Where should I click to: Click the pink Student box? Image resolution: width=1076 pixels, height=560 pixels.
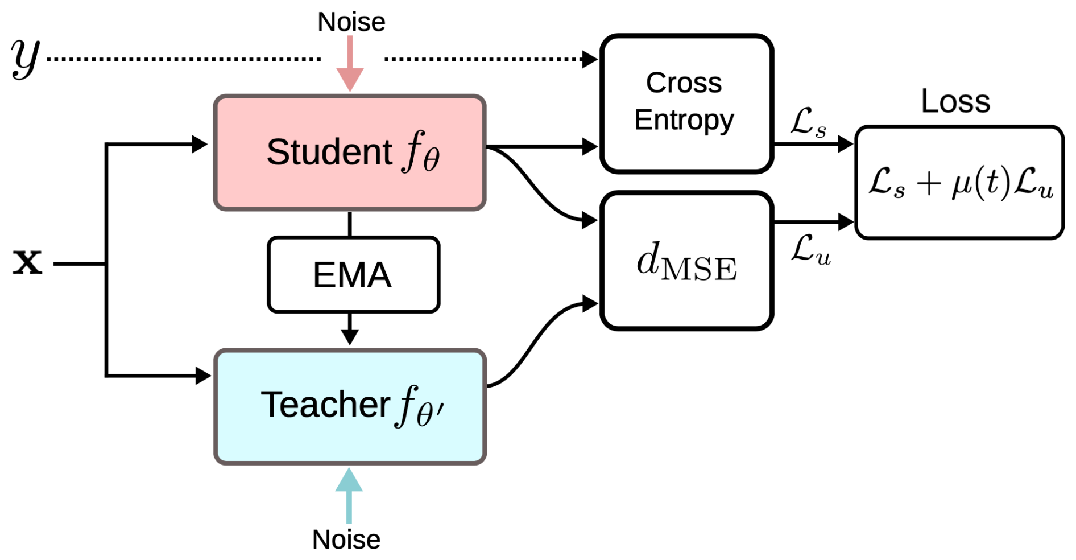point(349,153)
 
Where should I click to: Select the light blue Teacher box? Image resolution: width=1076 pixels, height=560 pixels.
point(349,406)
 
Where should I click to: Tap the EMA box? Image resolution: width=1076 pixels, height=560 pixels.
point(353,275)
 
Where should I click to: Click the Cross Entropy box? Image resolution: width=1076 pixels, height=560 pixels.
point(686,103)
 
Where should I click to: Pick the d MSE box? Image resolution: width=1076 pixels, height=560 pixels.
point(686,261)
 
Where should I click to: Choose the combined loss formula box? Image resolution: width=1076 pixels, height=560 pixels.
point(959,182)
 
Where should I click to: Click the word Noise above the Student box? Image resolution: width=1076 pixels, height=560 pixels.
point(351,23)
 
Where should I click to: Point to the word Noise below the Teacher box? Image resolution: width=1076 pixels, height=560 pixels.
point(346,540)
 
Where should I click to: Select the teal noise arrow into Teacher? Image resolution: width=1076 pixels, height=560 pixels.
point(349,495)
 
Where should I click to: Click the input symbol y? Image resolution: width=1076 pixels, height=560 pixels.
point(25,58)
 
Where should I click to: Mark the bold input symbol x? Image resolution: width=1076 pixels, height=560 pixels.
point(27,263)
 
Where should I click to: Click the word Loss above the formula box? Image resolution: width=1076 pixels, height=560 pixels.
point(955,101)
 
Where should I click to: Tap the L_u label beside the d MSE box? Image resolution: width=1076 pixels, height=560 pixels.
point(810,250)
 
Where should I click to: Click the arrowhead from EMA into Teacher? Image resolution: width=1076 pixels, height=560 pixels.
point(350,336)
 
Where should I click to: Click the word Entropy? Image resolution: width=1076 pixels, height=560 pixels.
point(684,121)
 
